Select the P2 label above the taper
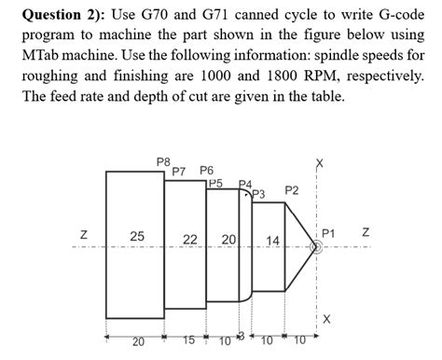[291, 191]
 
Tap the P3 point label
[259, 194]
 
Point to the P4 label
[244, 185]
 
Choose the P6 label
[207, 171]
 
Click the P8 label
[164, 162]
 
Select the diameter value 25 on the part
[136, 237]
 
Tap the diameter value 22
[189, 240]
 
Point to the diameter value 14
[272, 242]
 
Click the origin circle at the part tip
[317, 246]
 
